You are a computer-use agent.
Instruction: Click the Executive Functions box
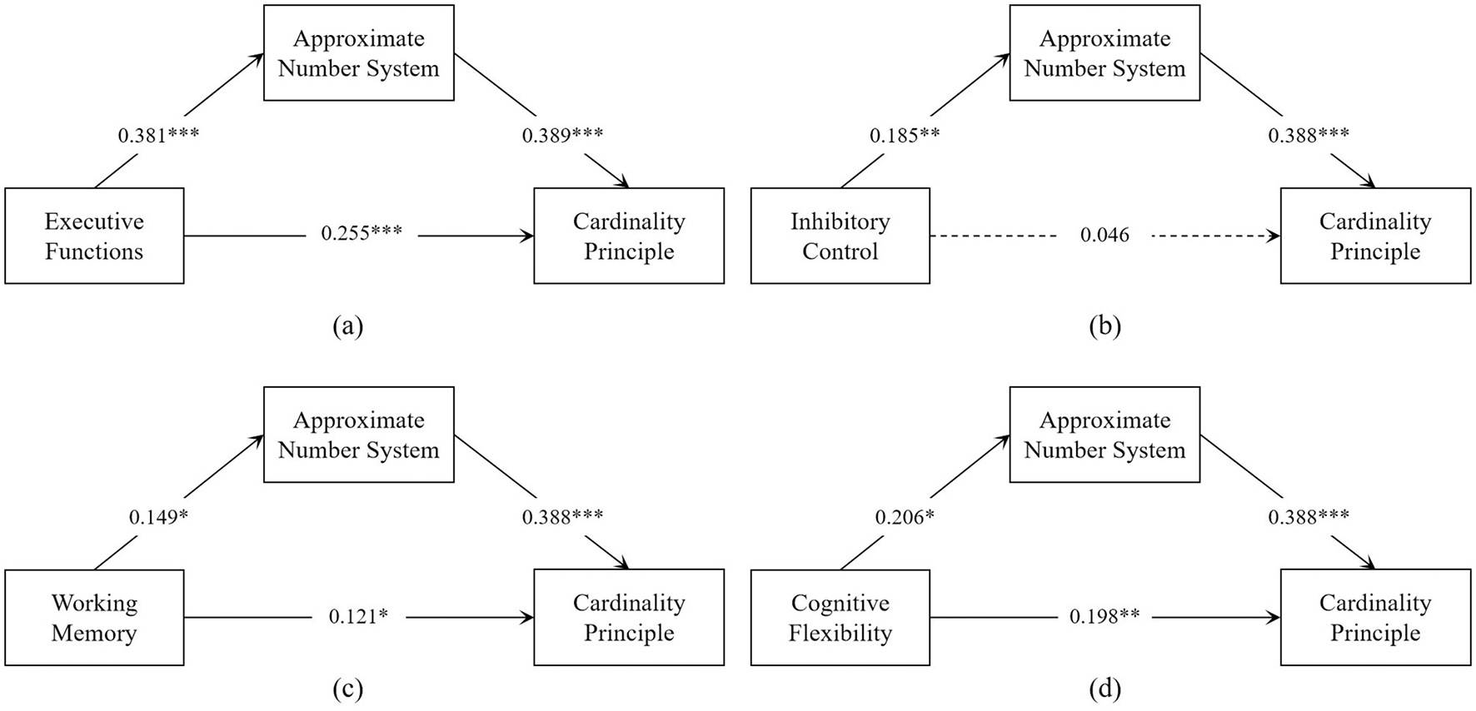tap(94, 236)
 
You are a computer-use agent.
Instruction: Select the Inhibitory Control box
tap(840, 236)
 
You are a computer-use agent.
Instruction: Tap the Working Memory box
tap(94, 618)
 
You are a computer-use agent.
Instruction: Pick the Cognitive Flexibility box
tap(840, 618)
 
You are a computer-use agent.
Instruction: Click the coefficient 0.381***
tap(158, 136)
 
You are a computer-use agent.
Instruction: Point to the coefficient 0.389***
tap(562, 135)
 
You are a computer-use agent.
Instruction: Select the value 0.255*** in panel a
tap(362, 234)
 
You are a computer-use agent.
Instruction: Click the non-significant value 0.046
tap(1105, 236)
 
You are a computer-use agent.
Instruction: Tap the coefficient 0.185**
tap(905, 136)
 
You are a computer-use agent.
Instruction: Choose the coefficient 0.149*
tap(158, 518)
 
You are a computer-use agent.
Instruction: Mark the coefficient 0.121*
tap(358, 617)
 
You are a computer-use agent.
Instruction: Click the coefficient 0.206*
tap(905, 518)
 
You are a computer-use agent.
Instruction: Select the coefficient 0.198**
tap(1105, 617)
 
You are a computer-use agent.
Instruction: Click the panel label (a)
tap(347, 326)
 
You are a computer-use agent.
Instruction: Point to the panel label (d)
tap(1105, 689)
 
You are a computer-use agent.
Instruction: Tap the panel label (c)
tap(347, 689)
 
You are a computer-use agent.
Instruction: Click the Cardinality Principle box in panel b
tap(1375, 236)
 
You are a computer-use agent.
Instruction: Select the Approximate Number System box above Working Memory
tap(359, 435)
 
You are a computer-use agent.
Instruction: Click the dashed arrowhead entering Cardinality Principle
tap(1274, 236)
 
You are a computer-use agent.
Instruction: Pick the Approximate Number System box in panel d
tap(1105, 435)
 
